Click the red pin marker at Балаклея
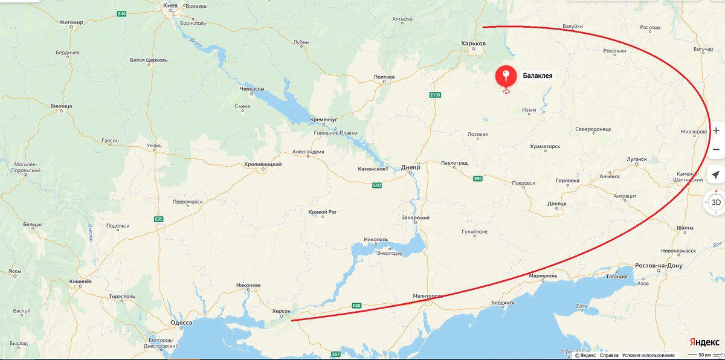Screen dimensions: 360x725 pyautogui.click(x=506, y=77)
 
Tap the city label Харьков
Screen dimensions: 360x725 pyautogui.click(x=473, y=43)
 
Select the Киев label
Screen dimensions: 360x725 pyautogui.click(x=170, y=5)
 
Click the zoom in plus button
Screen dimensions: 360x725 pyautogui.click(x=716, y=130)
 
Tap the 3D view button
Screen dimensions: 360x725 pyautogui.click(x=716, y=202)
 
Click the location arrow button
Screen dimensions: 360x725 pyautogui.click(x=716, y=175)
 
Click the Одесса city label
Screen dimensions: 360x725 pyautogui.click(x=181, y=323)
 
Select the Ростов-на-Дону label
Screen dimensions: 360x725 pyautogui.click(x=659, y=266)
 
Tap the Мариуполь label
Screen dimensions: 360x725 pyautogui.click(x=543, y=275)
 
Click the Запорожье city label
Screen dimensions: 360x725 pyautogui.click(x=415, y=217)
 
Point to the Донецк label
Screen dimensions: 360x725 pyautogui.click(x=556, y=204)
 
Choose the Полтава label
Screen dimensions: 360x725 pyautogui.click(x=384, y=77)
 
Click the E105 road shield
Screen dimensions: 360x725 pyautogui.click(x=435, y=95)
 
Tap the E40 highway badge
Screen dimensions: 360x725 pyautogui.click(x=122, y=13)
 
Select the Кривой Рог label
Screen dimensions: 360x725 pyautogui.click(x=322, y=212)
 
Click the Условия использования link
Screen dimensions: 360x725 pyautogui.click(x=648, y=355)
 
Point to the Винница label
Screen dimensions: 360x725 pyautogui.click(x=61, y=106)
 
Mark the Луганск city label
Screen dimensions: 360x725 pyautogui.click(x=637, y=159)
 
